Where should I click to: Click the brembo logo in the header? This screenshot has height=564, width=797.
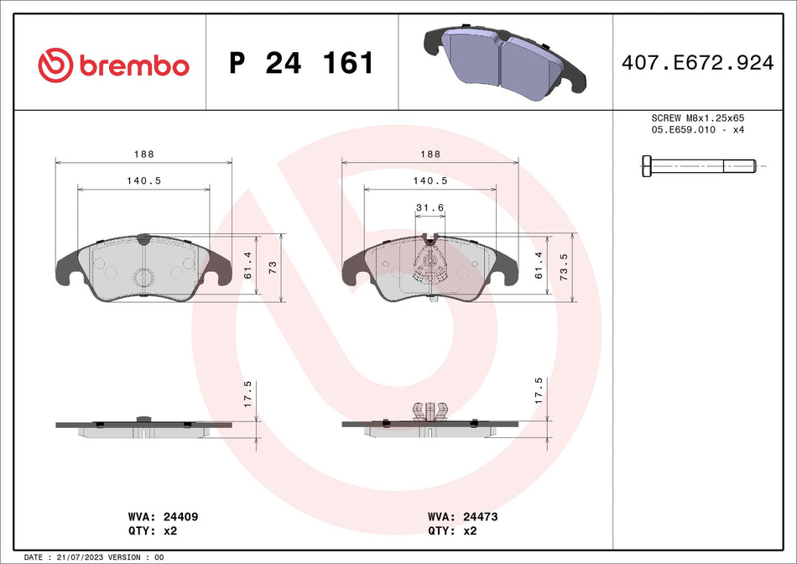[114, 64]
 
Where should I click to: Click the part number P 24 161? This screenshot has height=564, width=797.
[301, 64]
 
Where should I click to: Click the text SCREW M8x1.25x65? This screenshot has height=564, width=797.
[698, 119]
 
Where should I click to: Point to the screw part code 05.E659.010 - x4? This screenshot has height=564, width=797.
[698, 131]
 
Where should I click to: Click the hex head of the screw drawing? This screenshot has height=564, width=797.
[647, 166]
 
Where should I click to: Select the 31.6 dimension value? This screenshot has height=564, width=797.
[430, 208]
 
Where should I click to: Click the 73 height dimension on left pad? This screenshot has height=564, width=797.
[273, 266]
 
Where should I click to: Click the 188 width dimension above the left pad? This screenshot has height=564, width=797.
[143, 154]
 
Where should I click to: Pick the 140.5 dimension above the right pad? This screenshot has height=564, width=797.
[430, 180]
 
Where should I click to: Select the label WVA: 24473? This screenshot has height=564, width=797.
[462, 517]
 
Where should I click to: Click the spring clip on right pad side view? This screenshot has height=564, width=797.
[430, 410]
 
